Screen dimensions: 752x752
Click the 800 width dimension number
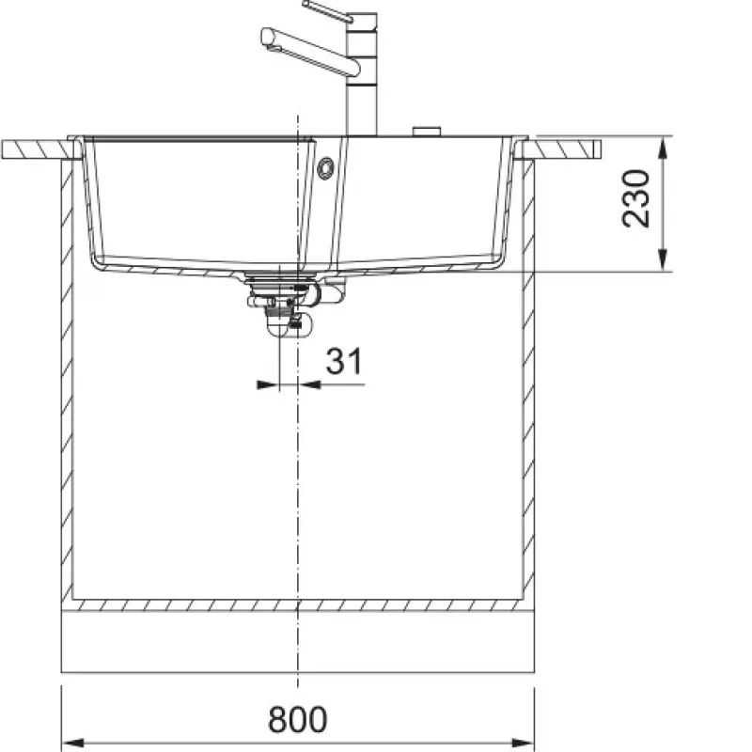[297, 719]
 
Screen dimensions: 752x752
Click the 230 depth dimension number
[636, 198]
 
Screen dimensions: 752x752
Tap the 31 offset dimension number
[344, 361]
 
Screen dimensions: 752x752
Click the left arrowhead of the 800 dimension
[73, 744]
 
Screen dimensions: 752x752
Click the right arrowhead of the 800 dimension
[523, 744]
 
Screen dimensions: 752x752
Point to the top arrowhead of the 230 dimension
[663, 149]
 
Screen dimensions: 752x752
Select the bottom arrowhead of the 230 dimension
[663, 260]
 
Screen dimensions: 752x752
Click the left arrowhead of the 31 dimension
[268, 384]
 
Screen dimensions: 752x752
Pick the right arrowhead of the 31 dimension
[309, 384]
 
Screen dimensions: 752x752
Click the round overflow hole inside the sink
[325, 168]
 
